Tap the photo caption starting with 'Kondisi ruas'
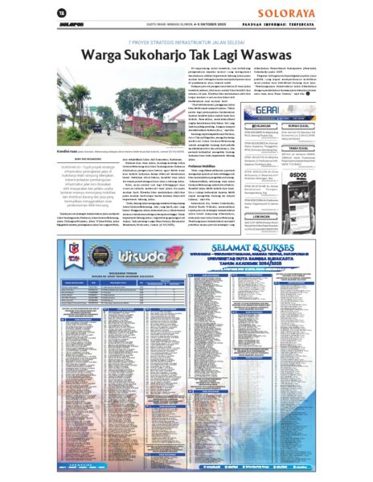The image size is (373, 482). click(80, 150)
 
